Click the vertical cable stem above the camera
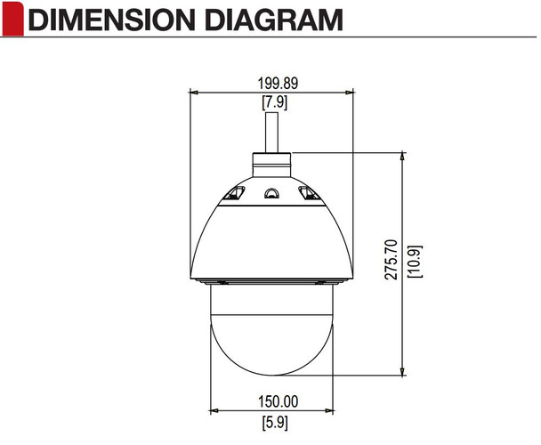273,132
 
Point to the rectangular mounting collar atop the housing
273,160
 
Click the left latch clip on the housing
233,193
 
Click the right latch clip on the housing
309,193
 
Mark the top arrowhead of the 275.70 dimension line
404,155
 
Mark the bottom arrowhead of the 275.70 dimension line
404,371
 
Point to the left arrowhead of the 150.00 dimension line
214,409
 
